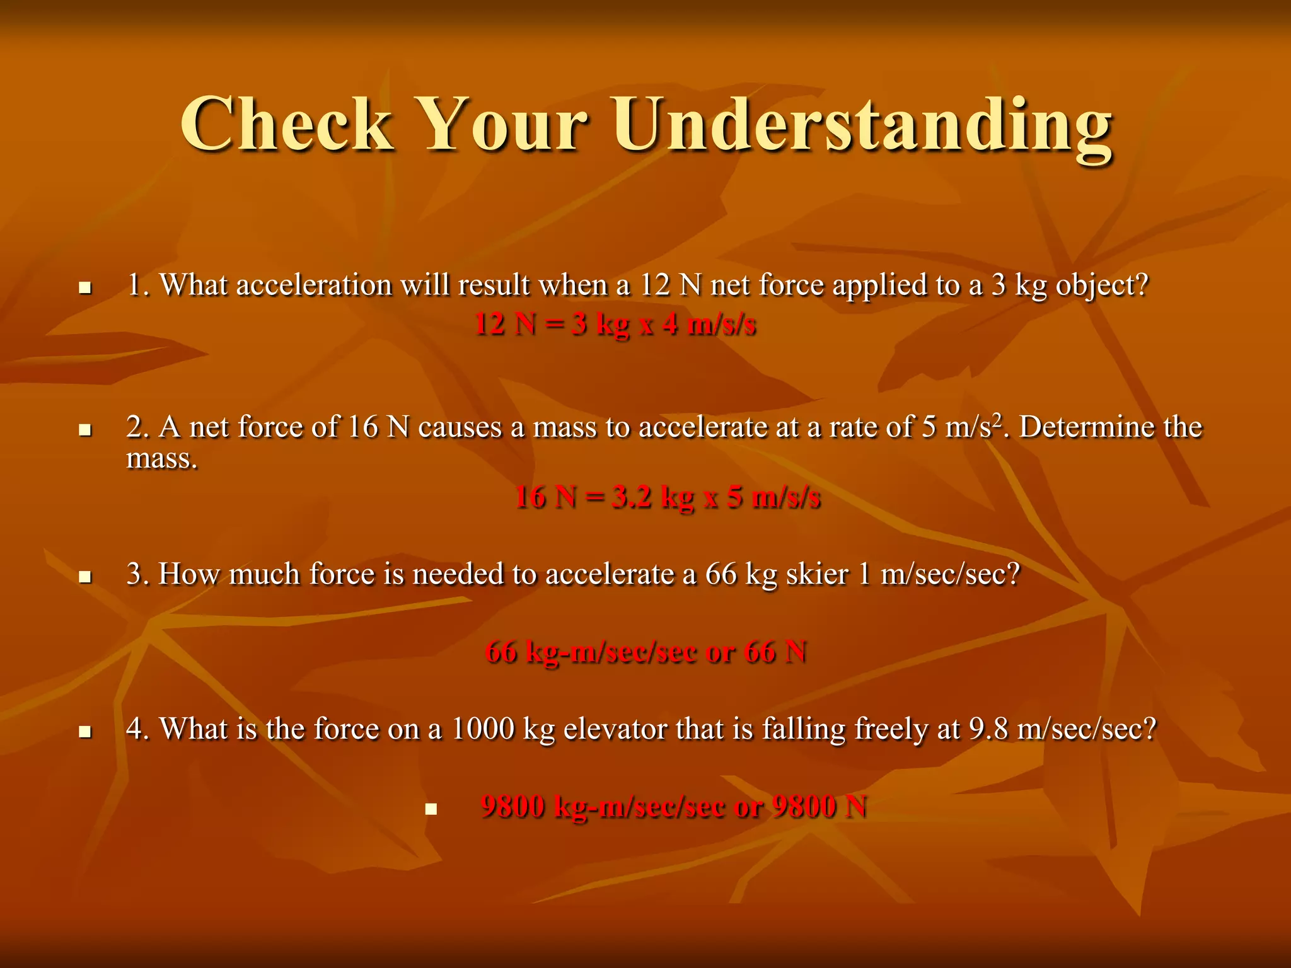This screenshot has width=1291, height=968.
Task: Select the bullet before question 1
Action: point(85,289)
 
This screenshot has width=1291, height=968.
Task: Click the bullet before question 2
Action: point(85,430)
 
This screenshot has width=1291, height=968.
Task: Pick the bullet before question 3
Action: point(85,577)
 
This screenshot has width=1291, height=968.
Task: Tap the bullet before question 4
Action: point(85,732)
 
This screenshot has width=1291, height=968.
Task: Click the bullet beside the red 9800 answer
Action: point(431,809)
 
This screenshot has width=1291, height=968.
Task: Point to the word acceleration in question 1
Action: point(314,285)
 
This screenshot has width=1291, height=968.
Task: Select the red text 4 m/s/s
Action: point(709,325)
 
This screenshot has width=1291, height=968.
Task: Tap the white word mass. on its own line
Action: point(162,459)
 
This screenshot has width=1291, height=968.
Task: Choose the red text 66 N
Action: point(775,652)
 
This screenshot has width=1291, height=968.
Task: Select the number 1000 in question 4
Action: point(483,729)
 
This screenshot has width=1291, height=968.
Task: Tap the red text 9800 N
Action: point(819,807)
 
